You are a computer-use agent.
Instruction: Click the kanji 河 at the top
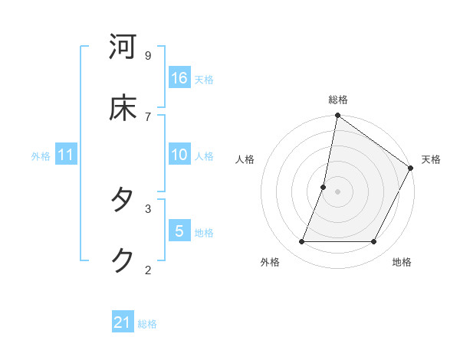pos(123,47)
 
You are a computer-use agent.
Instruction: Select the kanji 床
pos(123,108)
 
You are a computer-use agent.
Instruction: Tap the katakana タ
pos(123,200)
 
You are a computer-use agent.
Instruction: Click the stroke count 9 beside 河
pos(148,55)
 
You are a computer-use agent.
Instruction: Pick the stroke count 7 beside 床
pos(148,116)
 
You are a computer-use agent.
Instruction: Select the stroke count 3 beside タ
pos(148,208)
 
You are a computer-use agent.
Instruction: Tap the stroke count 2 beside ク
pos(148,269)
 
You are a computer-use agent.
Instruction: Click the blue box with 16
pos(179,78)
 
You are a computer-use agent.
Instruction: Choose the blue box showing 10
pos(179,155)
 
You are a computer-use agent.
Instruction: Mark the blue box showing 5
pos(179,231)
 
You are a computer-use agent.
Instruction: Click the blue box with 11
pos(66,155)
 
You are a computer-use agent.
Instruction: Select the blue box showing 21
pos(123,322)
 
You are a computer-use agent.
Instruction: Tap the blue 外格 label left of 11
pos(41,156)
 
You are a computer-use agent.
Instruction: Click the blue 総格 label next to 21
pos(147,324)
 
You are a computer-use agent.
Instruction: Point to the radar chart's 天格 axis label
pos(431,159)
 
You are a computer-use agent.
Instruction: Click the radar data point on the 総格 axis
pos(337,116)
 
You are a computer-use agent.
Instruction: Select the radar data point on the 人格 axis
pos(324,187)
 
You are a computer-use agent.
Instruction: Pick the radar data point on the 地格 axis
pos(374,241)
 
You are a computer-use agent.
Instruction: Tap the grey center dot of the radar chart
pos(337,191)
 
